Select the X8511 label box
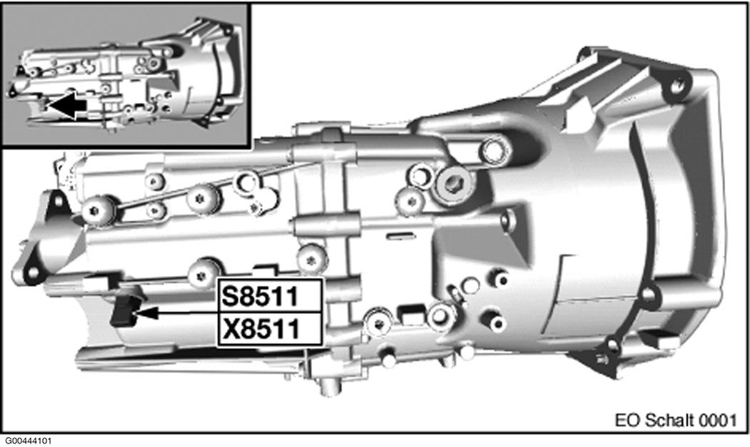pos(271,330)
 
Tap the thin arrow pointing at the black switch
pos(179,313)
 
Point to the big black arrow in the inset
pos(69,107)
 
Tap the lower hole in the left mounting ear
pos(29,272)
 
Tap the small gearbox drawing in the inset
pos(125,75)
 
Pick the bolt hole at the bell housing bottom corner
pos(612,347)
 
